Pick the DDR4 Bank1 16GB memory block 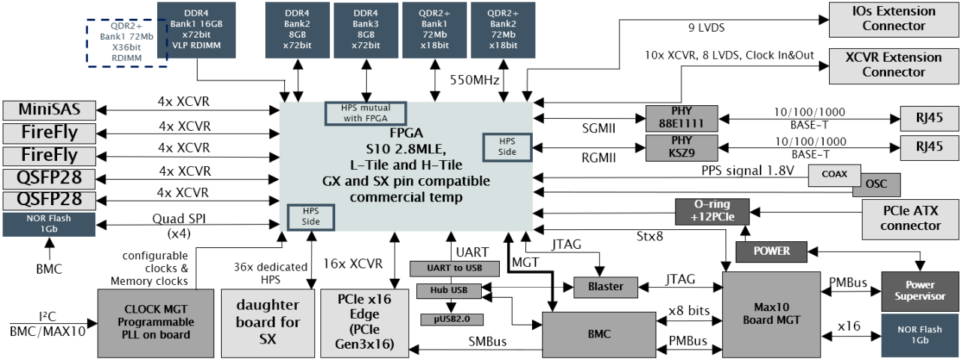tap(197, 29)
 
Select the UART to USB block tap(455, 268)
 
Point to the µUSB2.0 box tap(446, 318)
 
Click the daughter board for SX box tap(267, 322)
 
